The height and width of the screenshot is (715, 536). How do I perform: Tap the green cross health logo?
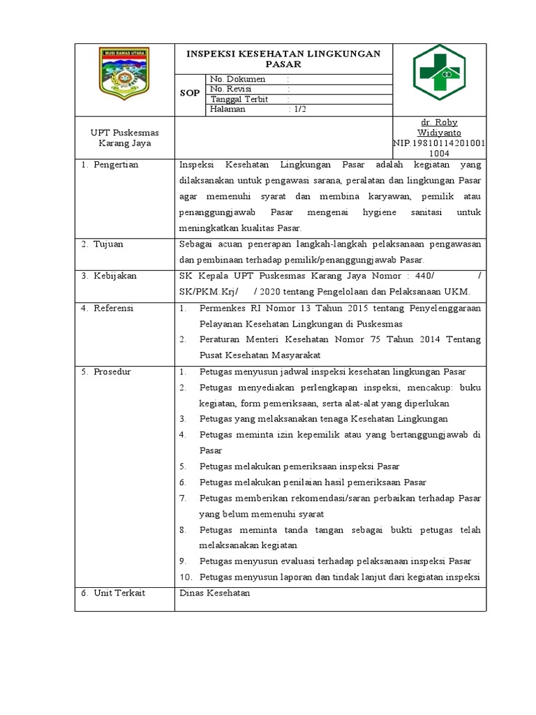(x=440, y=72)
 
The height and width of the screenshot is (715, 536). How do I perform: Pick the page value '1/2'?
(x=299, y=109)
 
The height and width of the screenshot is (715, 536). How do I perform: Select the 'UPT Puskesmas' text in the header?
(x=124, y=133)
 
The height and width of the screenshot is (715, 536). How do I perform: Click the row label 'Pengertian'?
(x=116, y=165)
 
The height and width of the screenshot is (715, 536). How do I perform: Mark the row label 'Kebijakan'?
(x=115, y=276)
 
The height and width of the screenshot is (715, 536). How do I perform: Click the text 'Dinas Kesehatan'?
(x=214, y=593)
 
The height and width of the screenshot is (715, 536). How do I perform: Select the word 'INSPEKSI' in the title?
(x=209, y=54)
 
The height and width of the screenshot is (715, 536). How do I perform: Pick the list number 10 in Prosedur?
(x=185, y=577)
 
